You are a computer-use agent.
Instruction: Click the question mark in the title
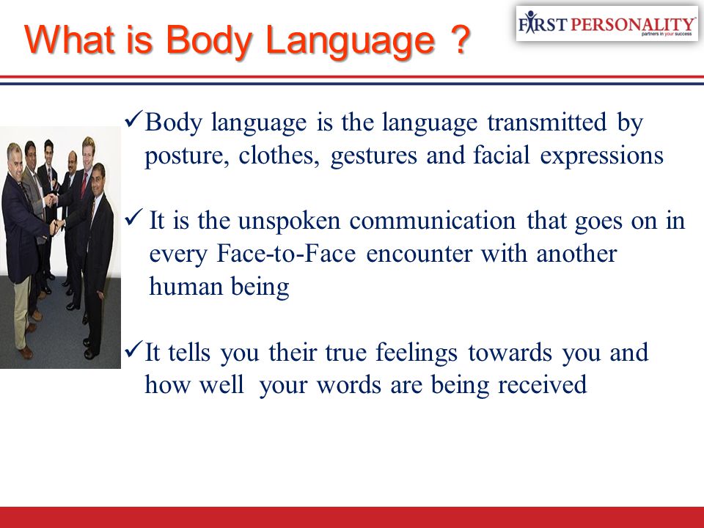pos(458,40)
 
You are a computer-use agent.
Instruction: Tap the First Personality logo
pos(607,23)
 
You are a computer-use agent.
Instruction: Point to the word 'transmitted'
pos(547,122)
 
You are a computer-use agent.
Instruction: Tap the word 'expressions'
pos(601,157)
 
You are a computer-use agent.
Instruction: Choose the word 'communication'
pos(433,221)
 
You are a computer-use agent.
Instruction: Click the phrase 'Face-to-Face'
pos(287,254)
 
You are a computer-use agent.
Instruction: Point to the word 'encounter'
pos(419,254)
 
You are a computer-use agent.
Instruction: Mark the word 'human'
pos(185,287)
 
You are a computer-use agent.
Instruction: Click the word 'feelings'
pos(417,353)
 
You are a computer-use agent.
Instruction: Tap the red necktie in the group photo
pos(84,185)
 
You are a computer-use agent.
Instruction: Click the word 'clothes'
pos(279,155)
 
